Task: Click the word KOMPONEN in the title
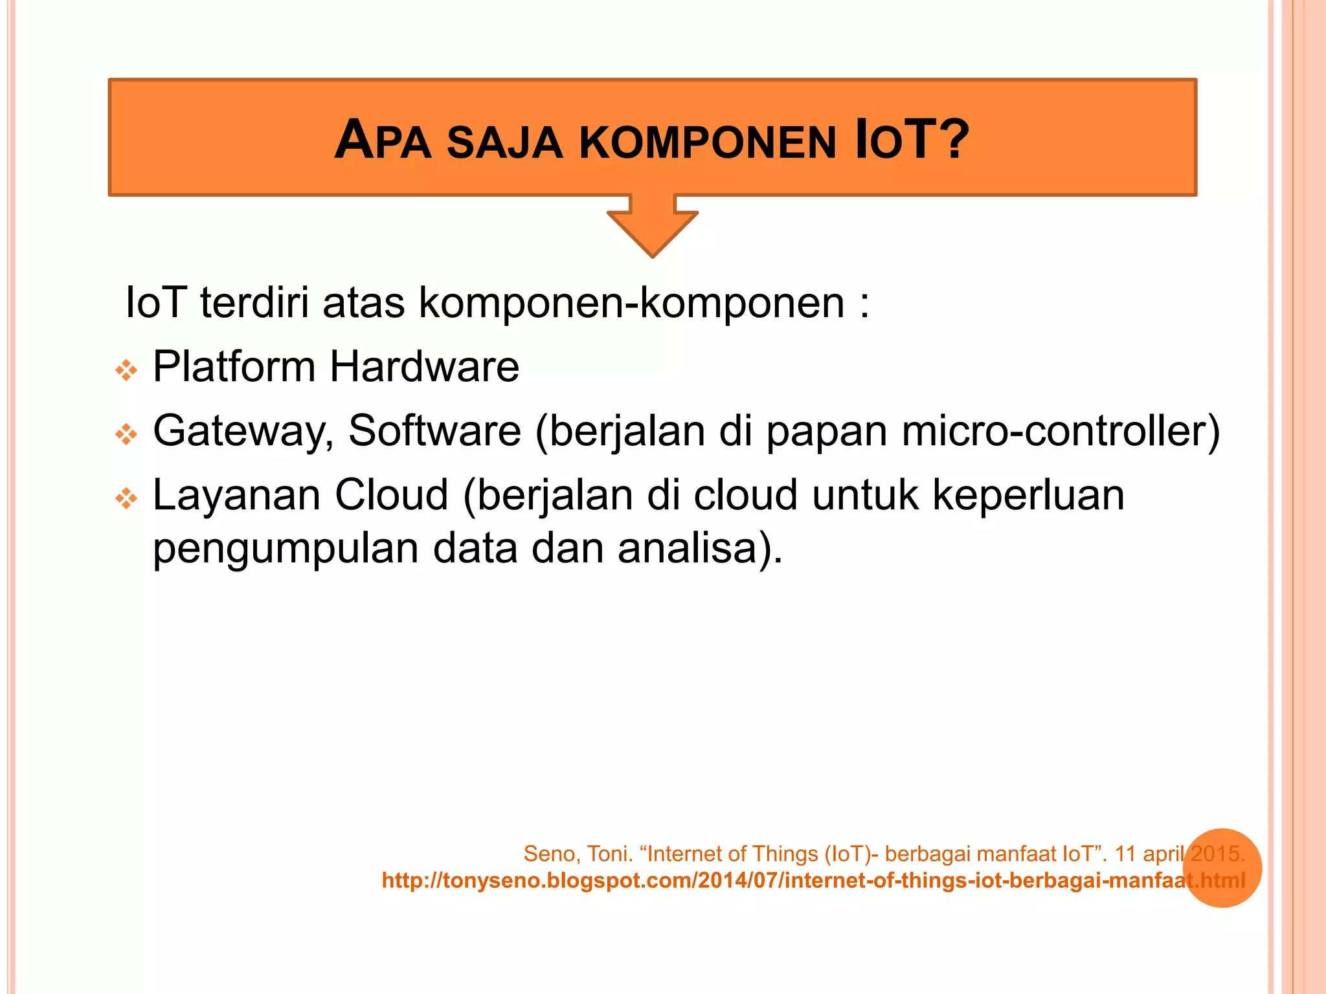click(x=707, y=142)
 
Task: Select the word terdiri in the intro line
click(x=254, y=302)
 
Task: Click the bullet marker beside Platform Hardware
click(x=126, y=370)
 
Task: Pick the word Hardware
click(x=424, y=367)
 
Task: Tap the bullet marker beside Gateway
click(x=126, y=434)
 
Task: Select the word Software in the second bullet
click(x=434, y=430)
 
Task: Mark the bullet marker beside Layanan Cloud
click(x=126, y=498)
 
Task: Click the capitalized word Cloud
click(x=391, y=495)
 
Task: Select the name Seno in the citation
click(x=550, y=854)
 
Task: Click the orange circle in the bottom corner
click(x=1222, y=867)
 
